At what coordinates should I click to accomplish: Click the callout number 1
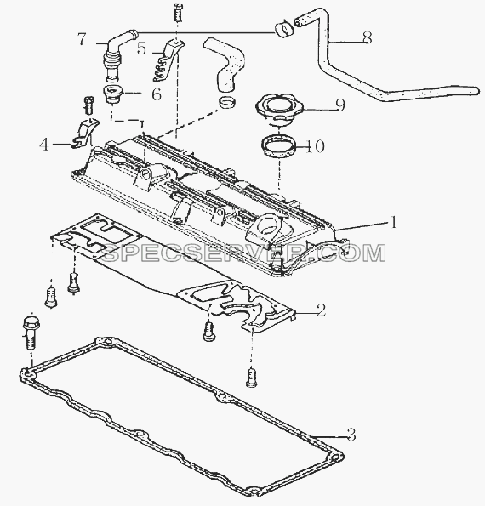click(393, 222)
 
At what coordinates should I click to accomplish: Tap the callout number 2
click(321, 310)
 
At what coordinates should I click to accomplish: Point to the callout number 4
click(44, 145)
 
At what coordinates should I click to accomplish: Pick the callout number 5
click(141, 48)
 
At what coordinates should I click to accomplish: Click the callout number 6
click(157, 94)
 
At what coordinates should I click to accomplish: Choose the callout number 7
click(82, 39)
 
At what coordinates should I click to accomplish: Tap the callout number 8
click(367, 37)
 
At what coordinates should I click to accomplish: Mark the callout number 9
click(340, 105)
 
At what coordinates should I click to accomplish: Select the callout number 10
click(315, 146)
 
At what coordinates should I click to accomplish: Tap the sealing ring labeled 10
click(279, 145)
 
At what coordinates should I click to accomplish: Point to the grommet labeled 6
click(113, 94)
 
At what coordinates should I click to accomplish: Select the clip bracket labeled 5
click(168, 60)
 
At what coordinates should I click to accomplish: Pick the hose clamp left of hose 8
click(284, 29)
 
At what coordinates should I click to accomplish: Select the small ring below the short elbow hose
click(226, 103)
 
